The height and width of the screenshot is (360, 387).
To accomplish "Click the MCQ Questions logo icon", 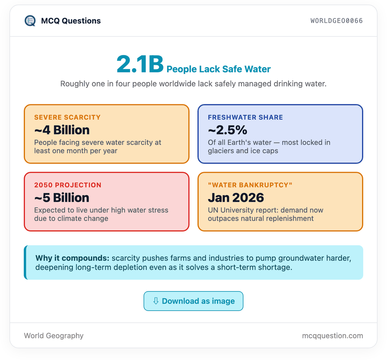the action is pos(30,21).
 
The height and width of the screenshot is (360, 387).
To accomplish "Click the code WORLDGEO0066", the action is pos(336,21).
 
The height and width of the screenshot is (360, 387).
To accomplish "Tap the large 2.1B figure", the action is pos(140,64).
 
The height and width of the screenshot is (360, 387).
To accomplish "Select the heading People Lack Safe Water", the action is pos(218,69).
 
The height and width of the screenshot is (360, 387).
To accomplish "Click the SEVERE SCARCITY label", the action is pos(67,117).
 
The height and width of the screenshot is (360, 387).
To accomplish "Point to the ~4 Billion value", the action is pos(62,130).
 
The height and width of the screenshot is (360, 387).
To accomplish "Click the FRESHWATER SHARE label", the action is pos(245,117).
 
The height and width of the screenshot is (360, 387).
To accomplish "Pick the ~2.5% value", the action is pos(228,130).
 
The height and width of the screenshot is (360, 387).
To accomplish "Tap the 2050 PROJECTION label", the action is pos(68,185).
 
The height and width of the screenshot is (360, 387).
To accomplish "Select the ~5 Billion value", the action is pos(62,198).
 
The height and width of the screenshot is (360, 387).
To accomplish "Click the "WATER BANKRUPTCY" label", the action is pos(250,185).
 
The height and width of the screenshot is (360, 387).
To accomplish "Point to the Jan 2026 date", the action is pos(236,198).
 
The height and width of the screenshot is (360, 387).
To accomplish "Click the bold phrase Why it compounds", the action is pos(72,258).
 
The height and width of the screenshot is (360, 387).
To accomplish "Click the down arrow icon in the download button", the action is pos(156,301).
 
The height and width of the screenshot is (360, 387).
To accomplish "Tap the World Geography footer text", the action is pos(54,336).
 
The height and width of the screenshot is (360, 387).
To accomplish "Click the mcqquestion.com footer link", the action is pos(332,336).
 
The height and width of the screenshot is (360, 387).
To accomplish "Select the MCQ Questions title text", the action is pos(71,21).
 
